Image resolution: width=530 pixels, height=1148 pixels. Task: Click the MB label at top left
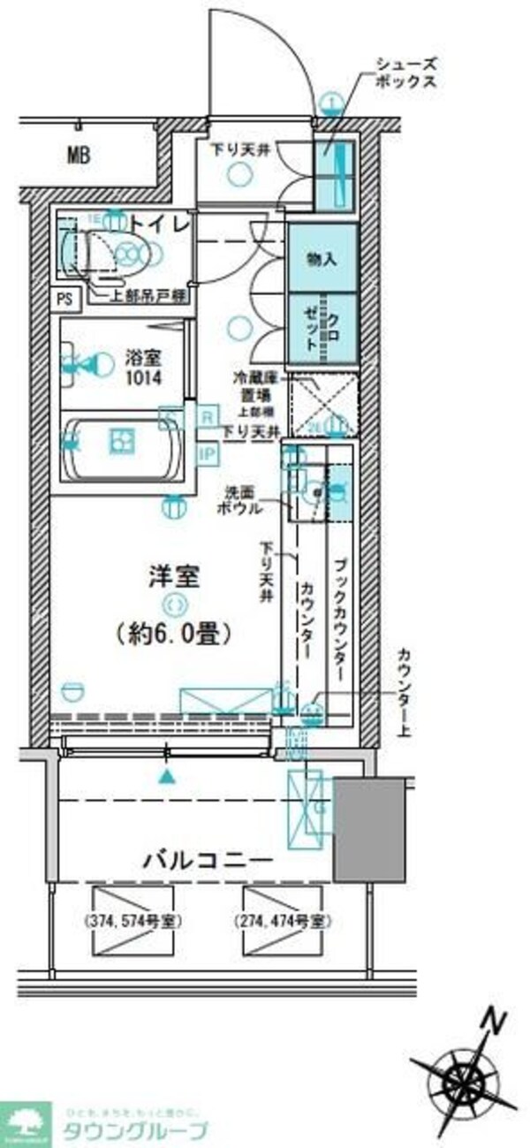pos(79,156)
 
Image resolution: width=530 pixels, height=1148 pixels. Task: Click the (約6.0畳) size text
pos(173,633)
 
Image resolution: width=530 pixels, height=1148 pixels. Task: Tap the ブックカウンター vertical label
pos(341,619)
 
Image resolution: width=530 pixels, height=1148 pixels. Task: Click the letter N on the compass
pos(495,1023)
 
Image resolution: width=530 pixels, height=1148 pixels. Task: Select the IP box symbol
pos(208,454)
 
